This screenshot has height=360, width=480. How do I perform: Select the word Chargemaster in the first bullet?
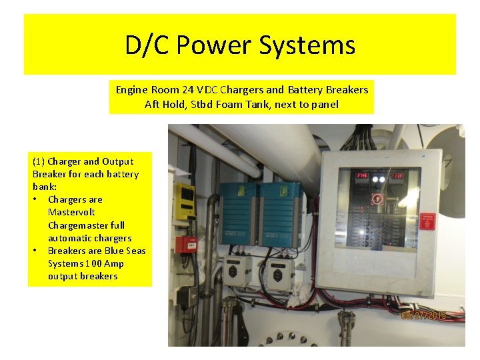pos(86,225)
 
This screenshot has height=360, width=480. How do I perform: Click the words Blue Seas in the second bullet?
pos(124,250)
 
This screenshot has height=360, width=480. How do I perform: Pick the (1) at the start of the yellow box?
pos(39,161)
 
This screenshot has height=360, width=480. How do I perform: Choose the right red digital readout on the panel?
pos(396,177)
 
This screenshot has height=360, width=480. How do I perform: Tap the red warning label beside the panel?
pos(427,221)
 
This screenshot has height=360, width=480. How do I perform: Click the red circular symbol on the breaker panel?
pos(376,198)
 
